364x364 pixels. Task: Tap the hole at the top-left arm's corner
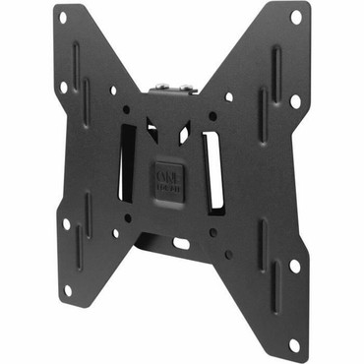tap(63, 18)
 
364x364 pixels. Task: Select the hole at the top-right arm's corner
tap(295, 17)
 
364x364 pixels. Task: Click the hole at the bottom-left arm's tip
tap(67, 290)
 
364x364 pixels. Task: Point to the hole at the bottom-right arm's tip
tap(294, 343)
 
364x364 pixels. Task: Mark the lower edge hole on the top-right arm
tap(295, 100)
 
